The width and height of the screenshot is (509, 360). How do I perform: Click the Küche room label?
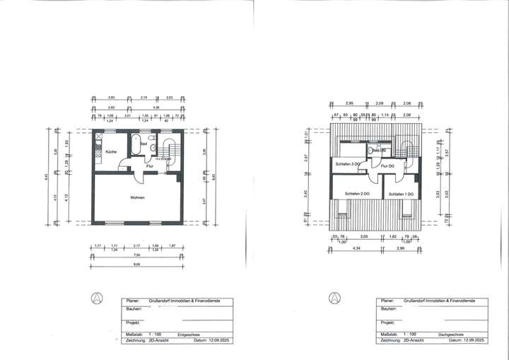[111, 152]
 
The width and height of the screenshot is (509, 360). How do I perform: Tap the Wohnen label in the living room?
[137, 197]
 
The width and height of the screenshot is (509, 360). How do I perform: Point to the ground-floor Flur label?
[150, 166]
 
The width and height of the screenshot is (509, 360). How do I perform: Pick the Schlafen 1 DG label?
[401, 194]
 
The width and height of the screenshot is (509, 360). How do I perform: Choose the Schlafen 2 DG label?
[358, 194]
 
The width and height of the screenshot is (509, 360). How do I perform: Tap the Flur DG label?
[387, 166]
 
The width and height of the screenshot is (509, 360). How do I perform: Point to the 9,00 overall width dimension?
[137, 265]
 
